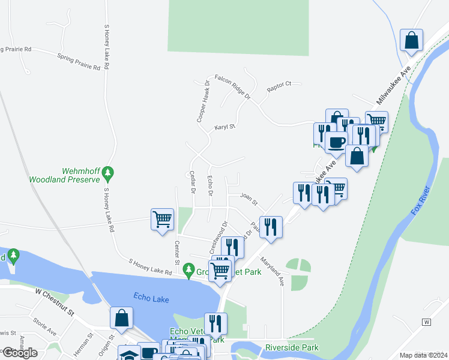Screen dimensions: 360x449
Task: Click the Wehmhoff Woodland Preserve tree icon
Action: pos(108,173)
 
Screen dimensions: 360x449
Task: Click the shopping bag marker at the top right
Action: pos(412,41)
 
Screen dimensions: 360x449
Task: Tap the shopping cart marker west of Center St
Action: pos(162,220)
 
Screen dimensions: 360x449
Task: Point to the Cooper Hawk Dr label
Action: pos(203,101)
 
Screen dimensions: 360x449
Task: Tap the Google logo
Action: pos(20,353)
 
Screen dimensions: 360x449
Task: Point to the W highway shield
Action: pos(427,322)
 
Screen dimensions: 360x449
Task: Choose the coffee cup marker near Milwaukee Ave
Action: pos(336,143)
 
